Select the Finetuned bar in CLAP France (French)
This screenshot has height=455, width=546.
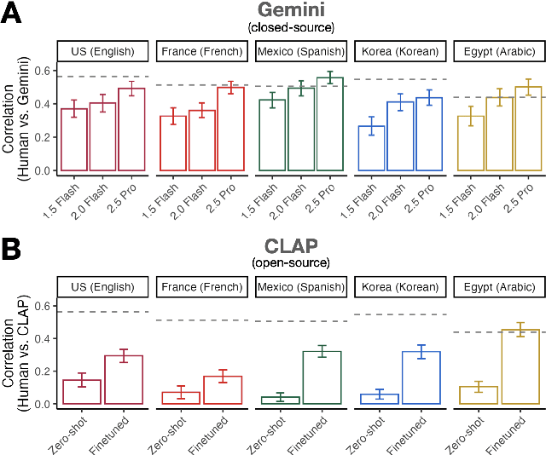pyautogui.click(x=228, y=389)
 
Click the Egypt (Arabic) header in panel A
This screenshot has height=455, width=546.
pyautogui.click(x=496, y=51)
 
